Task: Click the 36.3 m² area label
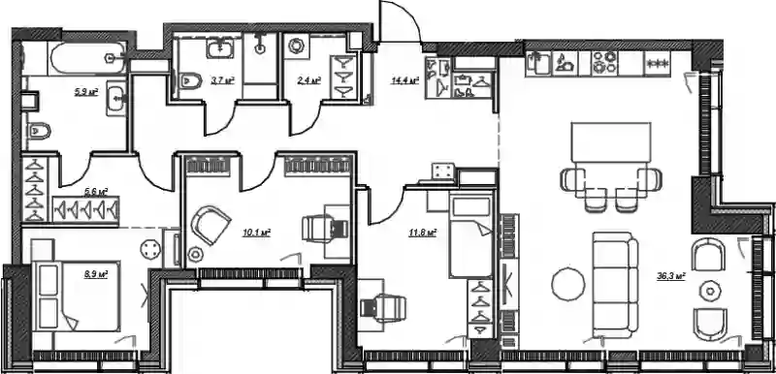[x=670, y=277]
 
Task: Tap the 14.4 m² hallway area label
[x=404, y=80]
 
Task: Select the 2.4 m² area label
[x=311, y=80]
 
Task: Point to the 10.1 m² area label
[x=256, y=233]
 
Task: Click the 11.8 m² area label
[x=422, y=233]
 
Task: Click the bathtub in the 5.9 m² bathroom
[x=87, y=57]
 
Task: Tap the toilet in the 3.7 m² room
[x=191, y=80]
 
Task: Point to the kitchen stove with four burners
[x=604, y=63]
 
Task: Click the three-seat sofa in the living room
[x=616, y=285]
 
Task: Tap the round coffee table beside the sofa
[x=568, y=284]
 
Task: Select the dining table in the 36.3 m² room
[x=611, y=142]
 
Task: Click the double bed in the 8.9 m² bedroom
[x=76, y=296]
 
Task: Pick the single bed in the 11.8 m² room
[x=470, y=235]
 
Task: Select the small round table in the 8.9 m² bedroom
[x=151, y=248]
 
